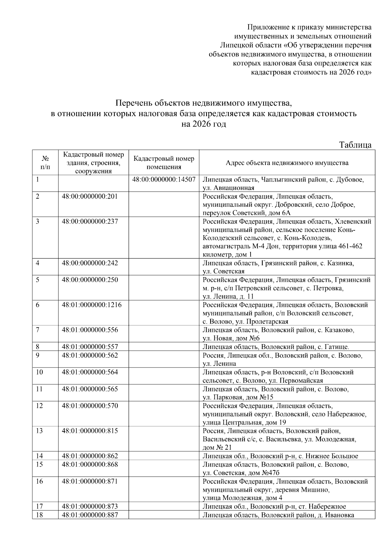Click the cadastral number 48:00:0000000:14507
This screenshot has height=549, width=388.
(x=164, y=180)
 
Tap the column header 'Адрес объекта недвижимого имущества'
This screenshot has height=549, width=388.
(x=287, y=163)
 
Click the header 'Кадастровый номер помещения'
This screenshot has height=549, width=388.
(x=164, y=163)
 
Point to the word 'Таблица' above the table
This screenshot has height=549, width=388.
(x=355, y=145)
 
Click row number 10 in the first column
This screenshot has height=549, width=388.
(x=39, y=372)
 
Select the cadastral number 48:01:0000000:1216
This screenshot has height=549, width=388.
(x=92, y=305)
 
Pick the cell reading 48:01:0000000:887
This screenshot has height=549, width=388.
(x=90, y=515)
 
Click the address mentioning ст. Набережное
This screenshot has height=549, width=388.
(x=274, y=507)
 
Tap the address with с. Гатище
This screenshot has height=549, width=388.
(x=276, y=347)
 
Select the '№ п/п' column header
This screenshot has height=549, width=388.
(x=45, y=163)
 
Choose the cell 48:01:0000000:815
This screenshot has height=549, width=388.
(x=90, y=431)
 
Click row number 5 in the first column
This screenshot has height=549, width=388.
(x=38, y=280)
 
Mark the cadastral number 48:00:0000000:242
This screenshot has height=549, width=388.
(x=90, y=263)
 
